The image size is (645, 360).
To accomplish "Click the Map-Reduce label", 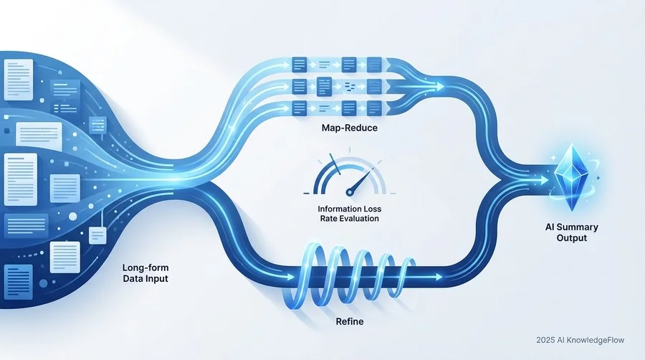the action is point(349,128).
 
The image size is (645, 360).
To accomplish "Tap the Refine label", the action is point(350,321).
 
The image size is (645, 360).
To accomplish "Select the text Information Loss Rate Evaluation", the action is point(350,214).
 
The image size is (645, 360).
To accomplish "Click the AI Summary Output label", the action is point(571,232).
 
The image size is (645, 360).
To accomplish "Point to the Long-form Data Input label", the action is point(145,273).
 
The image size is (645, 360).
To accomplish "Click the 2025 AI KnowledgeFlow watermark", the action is point(580,340).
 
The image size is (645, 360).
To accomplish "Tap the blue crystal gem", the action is point(571,177).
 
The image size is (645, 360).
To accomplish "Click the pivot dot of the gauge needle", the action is point(350,191).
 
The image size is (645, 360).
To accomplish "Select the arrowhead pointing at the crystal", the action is point(545,180).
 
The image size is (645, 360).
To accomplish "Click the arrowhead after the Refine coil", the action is point(439,277).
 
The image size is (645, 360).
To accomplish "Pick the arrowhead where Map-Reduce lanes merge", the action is point(440,87).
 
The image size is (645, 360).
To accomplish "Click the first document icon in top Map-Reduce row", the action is point(299,65).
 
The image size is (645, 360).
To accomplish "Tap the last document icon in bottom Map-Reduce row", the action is point(374,108).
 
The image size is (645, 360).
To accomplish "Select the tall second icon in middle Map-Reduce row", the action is point(324,86).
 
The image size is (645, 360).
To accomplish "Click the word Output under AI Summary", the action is point(571,238).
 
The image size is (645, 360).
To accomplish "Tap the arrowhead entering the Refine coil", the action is point(291,277).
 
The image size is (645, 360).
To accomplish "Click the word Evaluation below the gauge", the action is point(358,219).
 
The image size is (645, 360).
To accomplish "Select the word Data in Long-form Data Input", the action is point(132,278).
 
